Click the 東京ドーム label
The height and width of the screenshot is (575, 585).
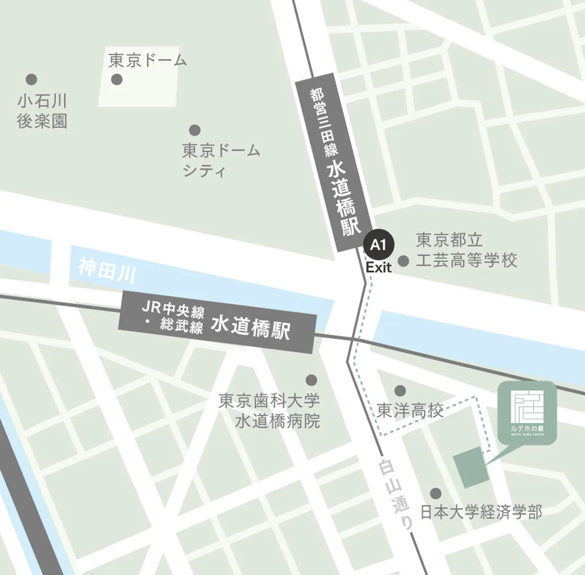(147, 61)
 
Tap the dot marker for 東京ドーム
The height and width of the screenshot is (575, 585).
(117, 79)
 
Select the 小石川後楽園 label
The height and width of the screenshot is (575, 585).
(42, 111)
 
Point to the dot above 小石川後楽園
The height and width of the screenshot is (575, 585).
(31, 79)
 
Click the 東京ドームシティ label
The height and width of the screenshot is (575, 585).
(221, 160)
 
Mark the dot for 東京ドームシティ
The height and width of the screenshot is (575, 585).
(195, 130)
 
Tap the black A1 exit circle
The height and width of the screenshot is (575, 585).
(379, 245)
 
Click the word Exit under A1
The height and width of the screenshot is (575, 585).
(379, 268)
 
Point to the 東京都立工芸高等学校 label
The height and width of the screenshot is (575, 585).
(466, 250)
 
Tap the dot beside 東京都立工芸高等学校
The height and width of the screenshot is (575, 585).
(403, 260)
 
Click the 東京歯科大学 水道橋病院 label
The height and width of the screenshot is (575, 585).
(270, 411)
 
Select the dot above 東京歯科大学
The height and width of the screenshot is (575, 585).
(311, 380)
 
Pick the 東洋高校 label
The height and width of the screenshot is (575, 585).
(410, 411)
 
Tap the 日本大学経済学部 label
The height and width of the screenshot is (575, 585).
(481, 512)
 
